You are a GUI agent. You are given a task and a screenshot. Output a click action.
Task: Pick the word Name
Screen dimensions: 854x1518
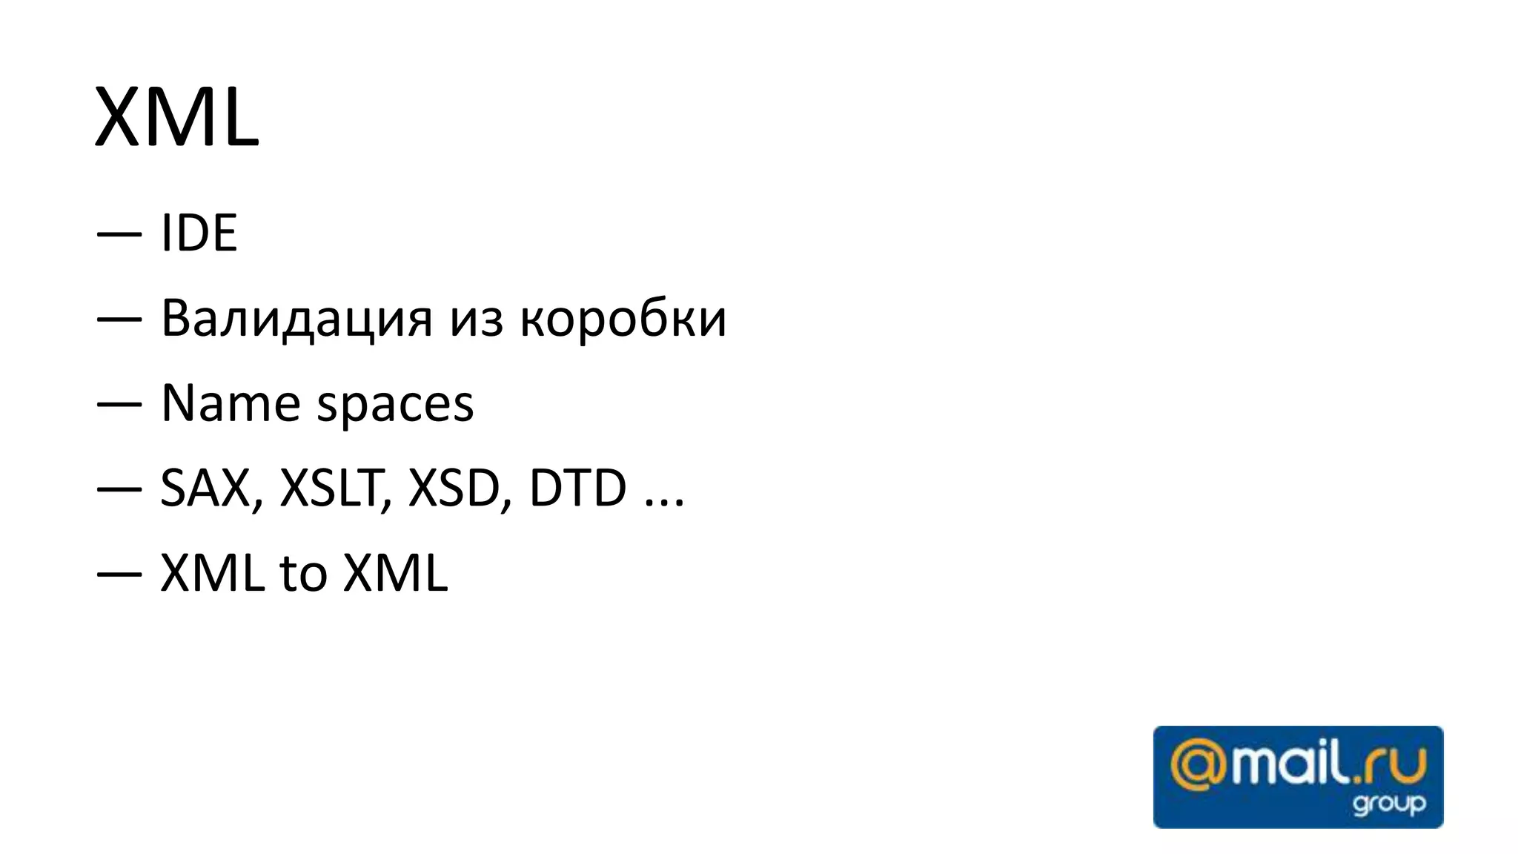point(230,404)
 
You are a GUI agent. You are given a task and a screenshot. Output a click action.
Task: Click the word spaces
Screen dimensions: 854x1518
point(395,406)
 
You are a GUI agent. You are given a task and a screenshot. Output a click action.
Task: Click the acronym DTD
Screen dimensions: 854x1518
point(577,489)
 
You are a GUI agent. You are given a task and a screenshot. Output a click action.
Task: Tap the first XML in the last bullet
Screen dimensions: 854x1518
point(213,573)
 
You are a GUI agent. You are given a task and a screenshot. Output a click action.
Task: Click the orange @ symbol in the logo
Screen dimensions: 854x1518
point(1198,767)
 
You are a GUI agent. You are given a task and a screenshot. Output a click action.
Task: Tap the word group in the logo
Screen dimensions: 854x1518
point(1389,804)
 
